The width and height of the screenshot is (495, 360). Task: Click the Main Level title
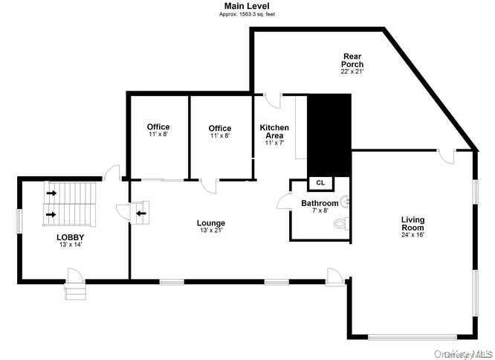[247, 5]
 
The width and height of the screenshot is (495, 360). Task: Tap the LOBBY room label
[65, 237]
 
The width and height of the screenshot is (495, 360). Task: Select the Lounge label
[210, 223]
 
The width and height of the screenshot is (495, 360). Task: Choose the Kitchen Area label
[274, 132]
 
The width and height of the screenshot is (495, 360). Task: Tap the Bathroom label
[320, 203]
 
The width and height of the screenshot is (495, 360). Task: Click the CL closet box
[321, 183]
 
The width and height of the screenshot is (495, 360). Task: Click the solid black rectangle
[328, 134]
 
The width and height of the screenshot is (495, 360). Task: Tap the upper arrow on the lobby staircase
[51, 193]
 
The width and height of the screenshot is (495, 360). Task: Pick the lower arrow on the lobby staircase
[51, 215]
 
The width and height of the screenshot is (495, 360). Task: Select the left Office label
[158, 126]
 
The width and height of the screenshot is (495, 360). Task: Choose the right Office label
[219, 129]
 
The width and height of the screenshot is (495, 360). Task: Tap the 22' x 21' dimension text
[352, 72]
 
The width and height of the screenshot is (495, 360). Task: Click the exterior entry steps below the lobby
[76, 291]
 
